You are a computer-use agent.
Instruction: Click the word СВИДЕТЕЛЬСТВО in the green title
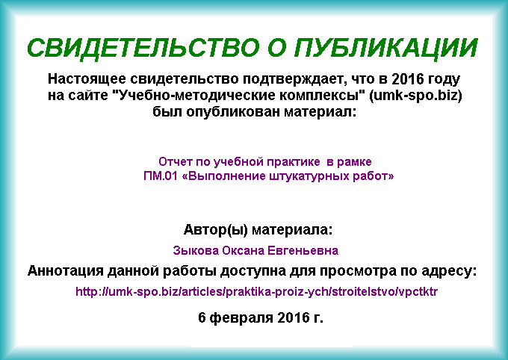pos(143,48)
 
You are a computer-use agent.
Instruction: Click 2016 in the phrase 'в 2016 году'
pos(407,79)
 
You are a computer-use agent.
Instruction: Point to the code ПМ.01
pos(161,176)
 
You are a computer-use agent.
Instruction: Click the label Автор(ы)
pos(216,230)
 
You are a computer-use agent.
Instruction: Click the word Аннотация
pos(66,271)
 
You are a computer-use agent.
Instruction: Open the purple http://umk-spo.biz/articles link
pos(256,291)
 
